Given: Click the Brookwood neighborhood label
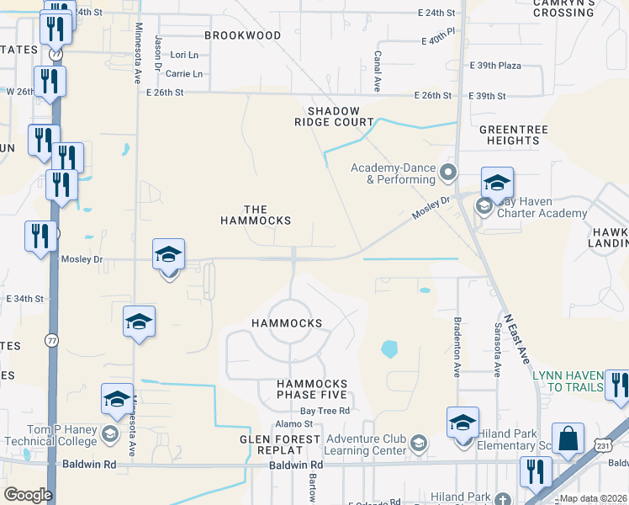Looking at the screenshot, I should click(243, 35).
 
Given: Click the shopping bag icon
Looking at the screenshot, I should click(568, 439).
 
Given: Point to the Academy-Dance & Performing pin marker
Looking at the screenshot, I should click(447, 173).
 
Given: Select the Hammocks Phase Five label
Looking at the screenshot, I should click(312, 389).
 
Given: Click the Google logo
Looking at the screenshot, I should click(28, 495).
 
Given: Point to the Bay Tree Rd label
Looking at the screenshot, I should click(325, 410).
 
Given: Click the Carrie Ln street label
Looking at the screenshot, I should click(186, 74).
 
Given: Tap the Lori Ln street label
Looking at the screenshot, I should click(183, 55).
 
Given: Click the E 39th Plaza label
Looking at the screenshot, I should click(496, 66).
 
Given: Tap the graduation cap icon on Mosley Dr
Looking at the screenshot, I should click(168, 253).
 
